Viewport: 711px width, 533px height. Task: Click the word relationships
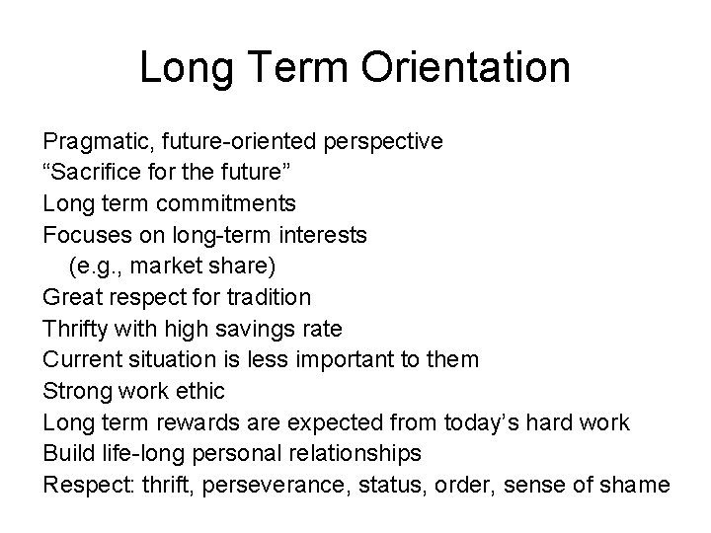(x=348, y=454)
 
